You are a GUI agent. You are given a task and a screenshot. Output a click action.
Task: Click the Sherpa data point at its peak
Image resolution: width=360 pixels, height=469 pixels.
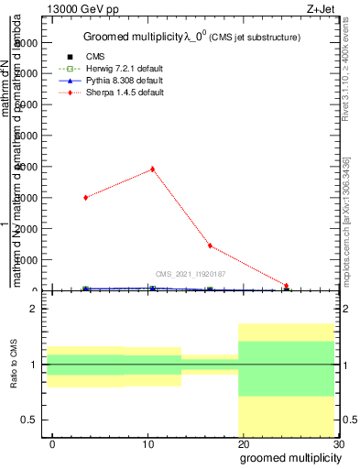click(x=152, y=169)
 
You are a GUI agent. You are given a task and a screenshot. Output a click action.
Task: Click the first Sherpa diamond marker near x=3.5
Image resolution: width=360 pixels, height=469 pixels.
click(x=86, y=197)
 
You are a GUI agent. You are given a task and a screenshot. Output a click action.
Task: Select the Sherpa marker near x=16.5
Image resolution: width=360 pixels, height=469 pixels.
click(x=210, y=245)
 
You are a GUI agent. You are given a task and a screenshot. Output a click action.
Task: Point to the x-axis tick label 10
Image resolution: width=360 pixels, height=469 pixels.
click(x=148, y=444)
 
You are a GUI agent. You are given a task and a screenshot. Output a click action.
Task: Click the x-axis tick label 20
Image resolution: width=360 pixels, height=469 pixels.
click(x=243, y=444)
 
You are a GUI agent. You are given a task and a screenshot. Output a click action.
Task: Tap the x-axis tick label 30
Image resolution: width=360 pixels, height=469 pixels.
click(x=338, y=444)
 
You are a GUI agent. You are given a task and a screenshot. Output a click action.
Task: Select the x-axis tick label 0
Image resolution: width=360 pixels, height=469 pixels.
click(x=53, y=444)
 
